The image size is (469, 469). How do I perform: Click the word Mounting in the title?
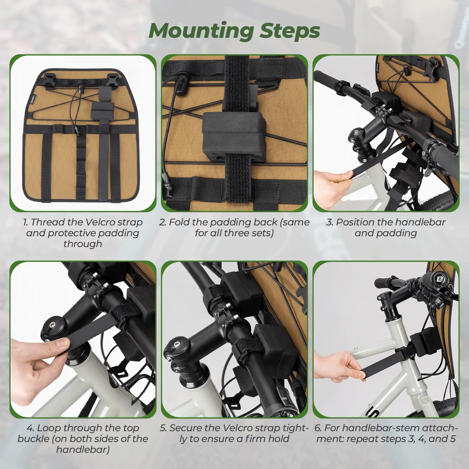(201, 31)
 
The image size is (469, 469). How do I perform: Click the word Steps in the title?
(290, 31)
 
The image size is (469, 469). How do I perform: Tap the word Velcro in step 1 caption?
(100, 222)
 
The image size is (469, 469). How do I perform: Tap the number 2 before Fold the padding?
(162, 222)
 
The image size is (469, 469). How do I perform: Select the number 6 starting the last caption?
(317, 428)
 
